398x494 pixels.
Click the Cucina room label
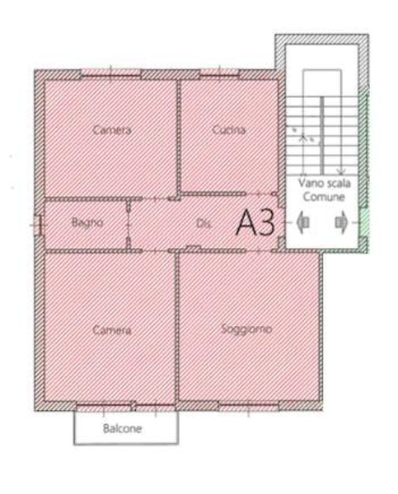228,129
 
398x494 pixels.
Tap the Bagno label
87,222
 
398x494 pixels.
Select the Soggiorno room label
246,329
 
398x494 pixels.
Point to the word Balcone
122,428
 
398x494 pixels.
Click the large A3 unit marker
255,222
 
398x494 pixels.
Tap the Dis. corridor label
203,223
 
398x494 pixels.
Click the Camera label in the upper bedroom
112,130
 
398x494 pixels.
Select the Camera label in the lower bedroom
112,330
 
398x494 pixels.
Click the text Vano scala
325,183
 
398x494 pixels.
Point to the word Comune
324,197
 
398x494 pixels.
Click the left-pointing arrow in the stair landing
303,222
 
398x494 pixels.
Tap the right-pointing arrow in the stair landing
341,222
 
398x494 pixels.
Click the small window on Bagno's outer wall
37,225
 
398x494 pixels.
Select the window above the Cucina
220,72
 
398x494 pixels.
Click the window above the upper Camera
110,72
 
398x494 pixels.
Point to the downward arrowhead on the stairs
341,171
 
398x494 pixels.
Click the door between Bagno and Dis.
129,225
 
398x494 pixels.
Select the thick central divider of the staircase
322,135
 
